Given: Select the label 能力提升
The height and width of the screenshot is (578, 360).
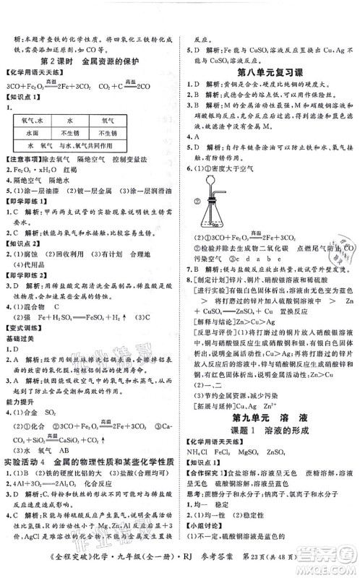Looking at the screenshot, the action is coord(22,398).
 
